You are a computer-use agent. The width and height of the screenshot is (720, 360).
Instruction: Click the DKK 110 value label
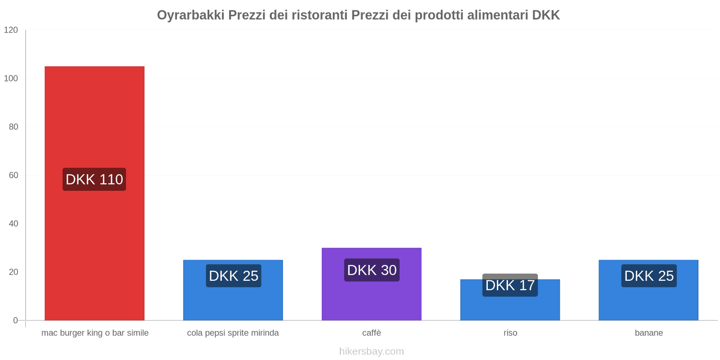point(94,180)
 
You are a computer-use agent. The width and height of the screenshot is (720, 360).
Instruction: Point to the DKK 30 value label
point(372,270)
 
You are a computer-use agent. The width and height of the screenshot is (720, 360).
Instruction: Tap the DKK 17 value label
point(510,285)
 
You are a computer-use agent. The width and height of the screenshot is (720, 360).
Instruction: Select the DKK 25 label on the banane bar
point(648,276)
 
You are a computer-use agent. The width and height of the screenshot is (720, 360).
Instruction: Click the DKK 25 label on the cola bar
point(234,276)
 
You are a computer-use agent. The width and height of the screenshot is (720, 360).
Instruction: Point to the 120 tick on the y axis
point(11,30)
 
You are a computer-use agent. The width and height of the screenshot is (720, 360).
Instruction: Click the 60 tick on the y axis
point(13,175)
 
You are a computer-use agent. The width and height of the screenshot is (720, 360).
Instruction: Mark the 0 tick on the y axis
point(16,320)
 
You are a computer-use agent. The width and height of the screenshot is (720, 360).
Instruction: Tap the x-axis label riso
point(510,333)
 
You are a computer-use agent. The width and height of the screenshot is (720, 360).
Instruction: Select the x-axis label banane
point(648,333)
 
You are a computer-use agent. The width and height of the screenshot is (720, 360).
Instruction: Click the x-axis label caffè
point(372,333)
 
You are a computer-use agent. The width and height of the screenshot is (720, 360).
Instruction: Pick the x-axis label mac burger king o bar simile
point(95,333)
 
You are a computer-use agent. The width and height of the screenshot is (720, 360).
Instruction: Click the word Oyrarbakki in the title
point(190,15)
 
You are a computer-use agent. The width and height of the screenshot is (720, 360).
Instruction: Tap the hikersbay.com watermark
point(372,351)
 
